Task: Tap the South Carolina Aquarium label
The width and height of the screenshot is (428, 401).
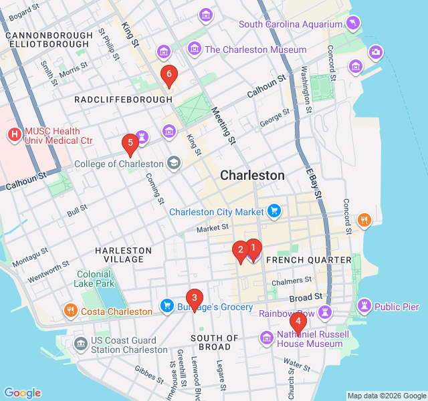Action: [292, 24]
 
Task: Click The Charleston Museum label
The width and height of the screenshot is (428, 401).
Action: [255, 49]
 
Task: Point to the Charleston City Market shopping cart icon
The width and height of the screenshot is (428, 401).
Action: [274, 212]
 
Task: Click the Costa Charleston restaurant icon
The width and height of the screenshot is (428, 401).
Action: [71, 311]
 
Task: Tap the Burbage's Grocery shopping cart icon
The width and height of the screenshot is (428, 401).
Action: [167, 307]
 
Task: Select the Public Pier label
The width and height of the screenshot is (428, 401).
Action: [397, 307]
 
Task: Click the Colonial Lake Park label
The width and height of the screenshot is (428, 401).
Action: [95, 279]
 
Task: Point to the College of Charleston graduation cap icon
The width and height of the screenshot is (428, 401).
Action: [174, 163]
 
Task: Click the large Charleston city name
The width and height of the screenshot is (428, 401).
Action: [252, 176]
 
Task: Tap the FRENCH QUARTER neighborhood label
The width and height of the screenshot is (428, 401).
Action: [308, 259]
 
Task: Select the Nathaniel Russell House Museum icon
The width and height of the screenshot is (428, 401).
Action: [267, 338]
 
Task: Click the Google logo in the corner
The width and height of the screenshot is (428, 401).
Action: [22, 392]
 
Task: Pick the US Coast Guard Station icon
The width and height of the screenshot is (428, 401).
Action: [81, 344]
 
